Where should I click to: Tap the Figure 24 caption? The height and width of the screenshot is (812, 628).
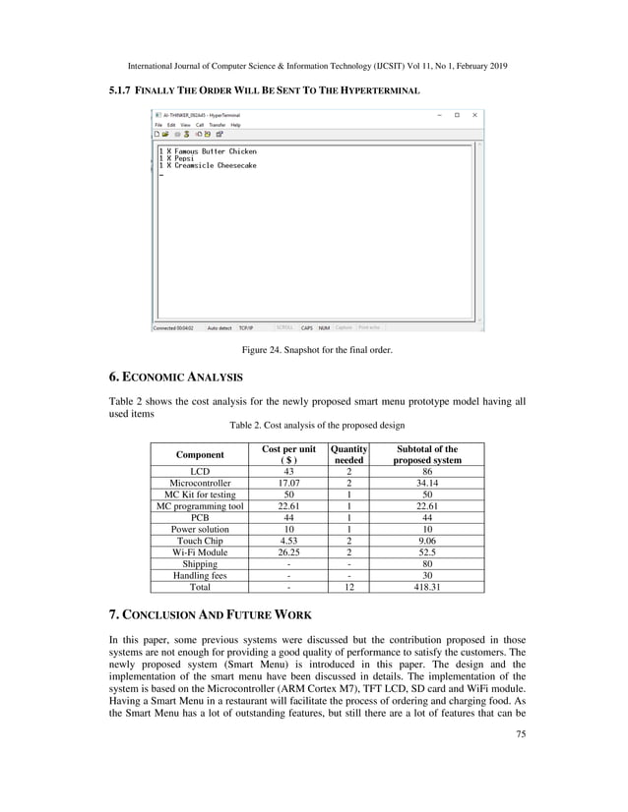point(314,348)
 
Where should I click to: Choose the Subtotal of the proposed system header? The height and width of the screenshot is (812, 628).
point(427,454)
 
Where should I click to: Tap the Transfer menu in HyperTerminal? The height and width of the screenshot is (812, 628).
point(216,125)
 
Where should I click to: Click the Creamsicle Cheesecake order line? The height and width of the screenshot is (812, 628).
point(208,166)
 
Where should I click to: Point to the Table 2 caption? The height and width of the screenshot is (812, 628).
point(316,426)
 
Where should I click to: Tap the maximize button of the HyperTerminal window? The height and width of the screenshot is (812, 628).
point(457,115)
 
